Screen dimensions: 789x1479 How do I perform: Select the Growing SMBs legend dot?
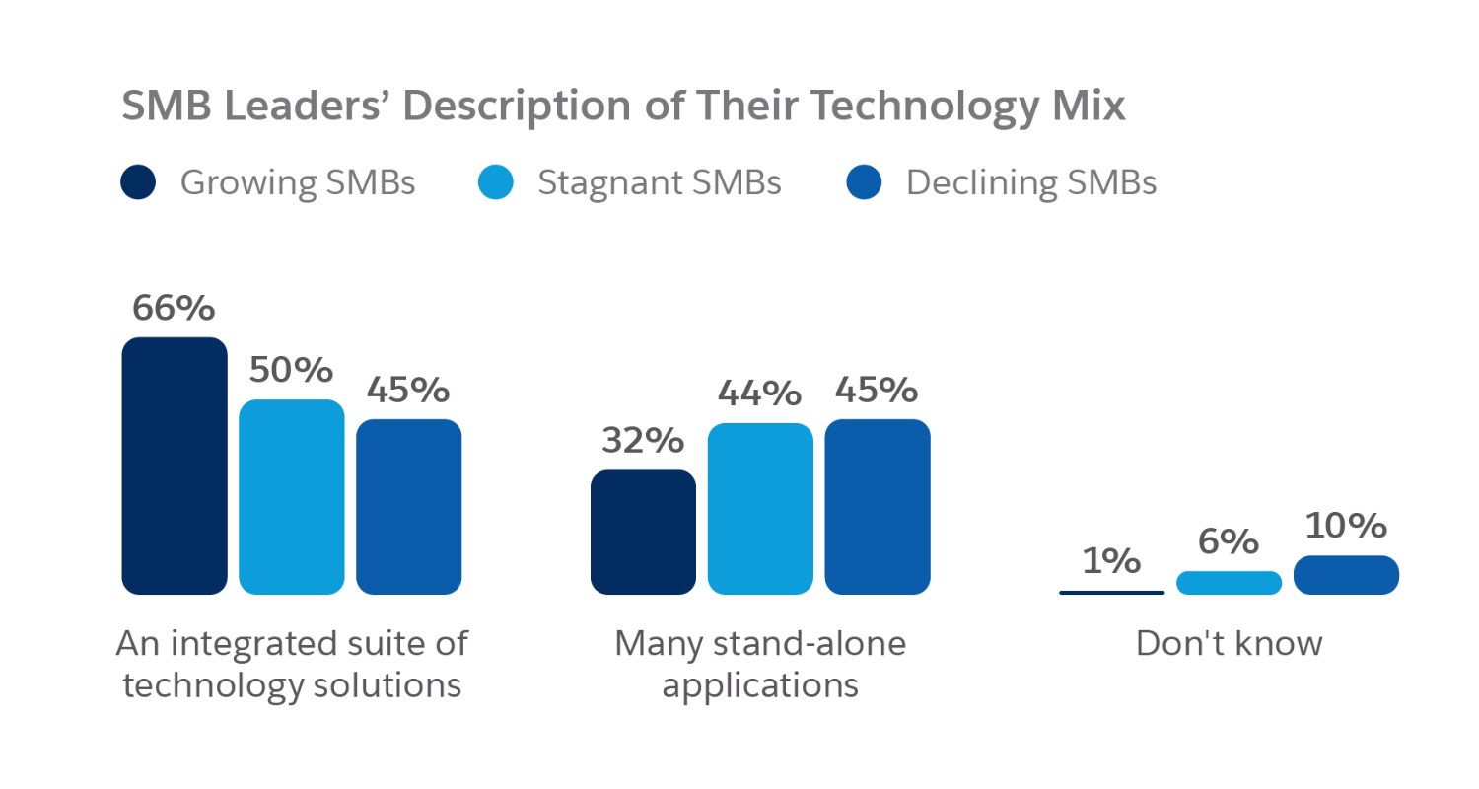pyautogui.click(x=138, y=183)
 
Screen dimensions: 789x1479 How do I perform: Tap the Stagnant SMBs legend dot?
pyautogui.click(x=496, y=183)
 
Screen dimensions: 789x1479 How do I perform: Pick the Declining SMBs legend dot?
pyautogui.click(x=864, y=183)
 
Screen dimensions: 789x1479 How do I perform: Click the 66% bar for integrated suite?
pyautogui.click(x=175, y=466)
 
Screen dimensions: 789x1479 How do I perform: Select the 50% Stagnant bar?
pyautogui.click(x=292, y=497)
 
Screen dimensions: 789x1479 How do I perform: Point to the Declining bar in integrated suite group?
pyautogui.click(x=408, y=507)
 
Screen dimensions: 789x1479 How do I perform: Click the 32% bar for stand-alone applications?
pyautogui.click(x=643, y=533)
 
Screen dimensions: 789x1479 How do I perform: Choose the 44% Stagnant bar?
pyautogui.click(x=760, y=509)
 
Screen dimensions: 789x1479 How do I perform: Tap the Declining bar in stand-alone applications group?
pyautogui.click(x=877, y=507)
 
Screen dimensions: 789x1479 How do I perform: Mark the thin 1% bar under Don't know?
pyautogui.click(x=1111, y=592)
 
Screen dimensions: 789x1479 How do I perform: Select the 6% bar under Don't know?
pyautogui.click(x=1229, y=583)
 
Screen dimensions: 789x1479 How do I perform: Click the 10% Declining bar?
pyautogui.click(x=1346, y=575)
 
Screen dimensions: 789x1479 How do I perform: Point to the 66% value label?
pyautogui.click(x=174, y=309)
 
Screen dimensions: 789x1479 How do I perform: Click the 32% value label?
pyautogui.click(x=642, y=441)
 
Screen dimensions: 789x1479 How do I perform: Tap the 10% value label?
pyautogui.click(x=1345, y=527)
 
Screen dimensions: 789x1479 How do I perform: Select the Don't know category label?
pyautogui.click(x=1229, y=644)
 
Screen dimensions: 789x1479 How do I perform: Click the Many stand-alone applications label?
pyautogui.click(x=760, y=665)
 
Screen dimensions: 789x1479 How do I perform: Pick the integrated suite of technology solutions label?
pyautogui.click(x=292, y=665)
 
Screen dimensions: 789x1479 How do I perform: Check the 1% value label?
pyautogui.click(x=1111, y=561)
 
